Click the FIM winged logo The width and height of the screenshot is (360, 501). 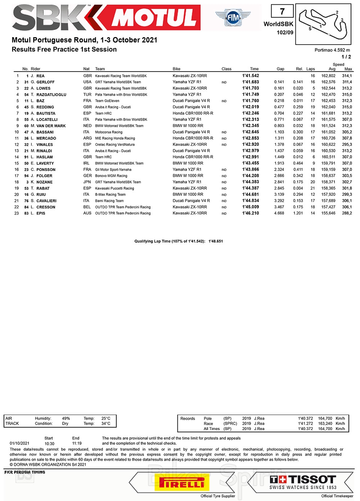coord(233,17)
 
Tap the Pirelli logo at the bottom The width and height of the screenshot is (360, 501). coord(182,483)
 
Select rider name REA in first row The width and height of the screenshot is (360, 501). coord(40,76)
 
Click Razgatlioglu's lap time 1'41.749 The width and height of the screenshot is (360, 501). coord(251,95)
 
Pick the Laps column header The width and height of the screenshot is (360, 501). coord(310,69)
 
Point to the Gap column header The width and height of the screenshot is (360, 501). coord(280,69)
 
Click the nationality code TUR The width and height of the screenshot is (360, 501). coord(87,95)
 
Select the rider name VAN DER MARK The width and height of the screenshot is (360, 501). coord(51,126)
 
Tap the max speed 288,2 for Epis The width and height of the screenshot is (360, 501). coord(347,213)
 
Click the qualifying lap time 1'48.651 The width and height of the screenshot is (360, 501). coord(216,241)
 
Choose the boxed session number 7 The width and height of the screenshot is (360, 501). coord(282,12)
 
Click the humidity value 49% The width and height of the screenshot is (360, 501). coord(66,419)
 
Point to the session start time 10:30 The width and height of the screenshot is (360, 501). coord(49,444)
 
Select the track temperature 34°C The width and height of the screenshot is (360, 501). coord(106,424)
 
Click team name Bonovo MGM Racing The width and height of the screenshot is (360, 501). coord(111,176)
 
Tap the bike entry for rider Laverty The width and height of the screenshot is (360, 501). coord(188,163)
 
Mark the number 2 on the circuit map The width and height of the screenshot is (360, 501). coord(337,13)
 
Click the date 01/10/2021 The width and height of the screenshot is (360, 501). coord(19,444)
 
